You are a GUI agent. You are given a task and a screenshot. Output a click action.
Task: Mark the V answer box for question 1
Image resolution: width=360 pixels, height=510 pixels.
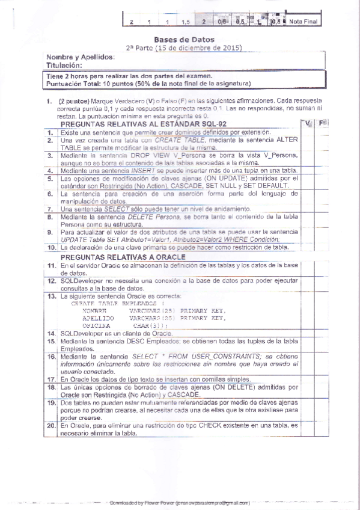[307, 132]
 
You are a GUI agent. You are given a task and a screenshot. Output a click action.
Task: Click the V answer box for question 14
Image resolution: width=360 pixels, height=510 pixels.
[307, 333]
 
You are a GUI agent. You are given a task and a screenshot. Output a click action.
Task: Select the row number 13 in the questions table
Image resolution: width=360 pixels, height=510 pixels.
[51, 296]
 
